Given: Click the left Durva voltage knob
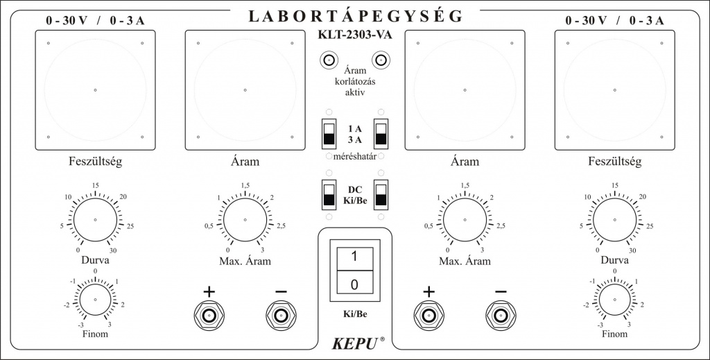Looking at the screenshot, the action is [96, 219].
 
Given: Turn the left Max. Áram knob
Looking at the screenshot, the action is [245, 220].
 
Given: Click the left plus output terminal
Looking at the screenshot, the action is [209, 316].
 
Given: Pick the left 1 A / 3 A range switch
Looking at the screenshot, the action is [328, 132].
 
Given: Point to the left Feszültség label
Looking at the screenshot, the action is [96, 162].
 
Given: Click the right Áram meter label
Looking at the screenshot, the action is [465, 162].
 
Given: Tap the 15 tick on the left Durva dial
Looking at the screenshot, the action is [96, 185].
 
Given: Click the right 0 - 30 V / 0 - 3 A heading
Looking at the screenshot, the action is [614, 21].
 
